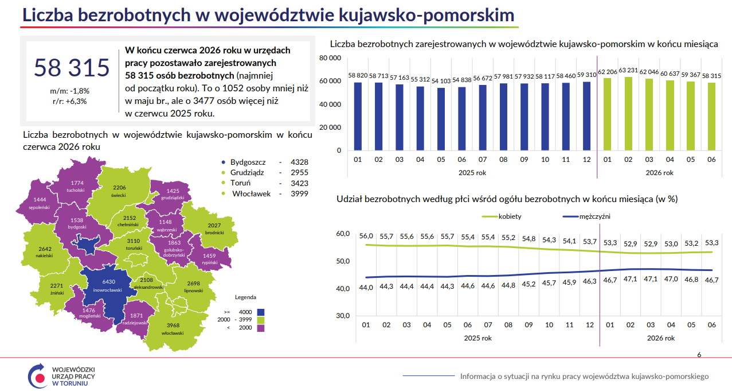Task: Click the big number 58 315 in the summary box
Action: [72, 68]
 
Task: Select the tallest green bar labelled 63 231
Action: [628, 114]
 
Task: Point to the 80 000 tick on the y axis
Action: [330, 58]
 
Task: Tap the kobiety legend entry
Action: [502, 216]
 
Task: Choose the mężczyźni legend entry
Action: [586, 216]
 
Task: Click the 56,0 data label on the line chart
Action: [366, 236]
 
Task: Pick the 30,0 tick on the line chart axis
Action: [343, 316]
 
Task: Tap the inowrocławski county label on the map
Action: [107, 290]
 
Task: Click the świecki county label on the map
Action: [118, 195]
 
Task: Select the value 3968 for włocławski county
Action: [173, 325]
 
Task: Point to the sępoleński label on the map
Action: [39, 207]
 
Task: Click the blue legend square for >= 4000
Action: [260, 312]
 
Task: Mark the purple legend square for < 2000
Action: [260, 328]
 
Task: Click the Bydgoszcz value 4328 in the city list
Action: [299, 162]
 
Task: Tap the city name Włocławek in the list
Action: [251, 193]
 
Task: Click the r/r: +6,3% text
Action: [69, 102]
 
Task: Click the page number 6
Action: [699, 355]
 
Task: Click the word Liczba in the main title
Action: [48, 15]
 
